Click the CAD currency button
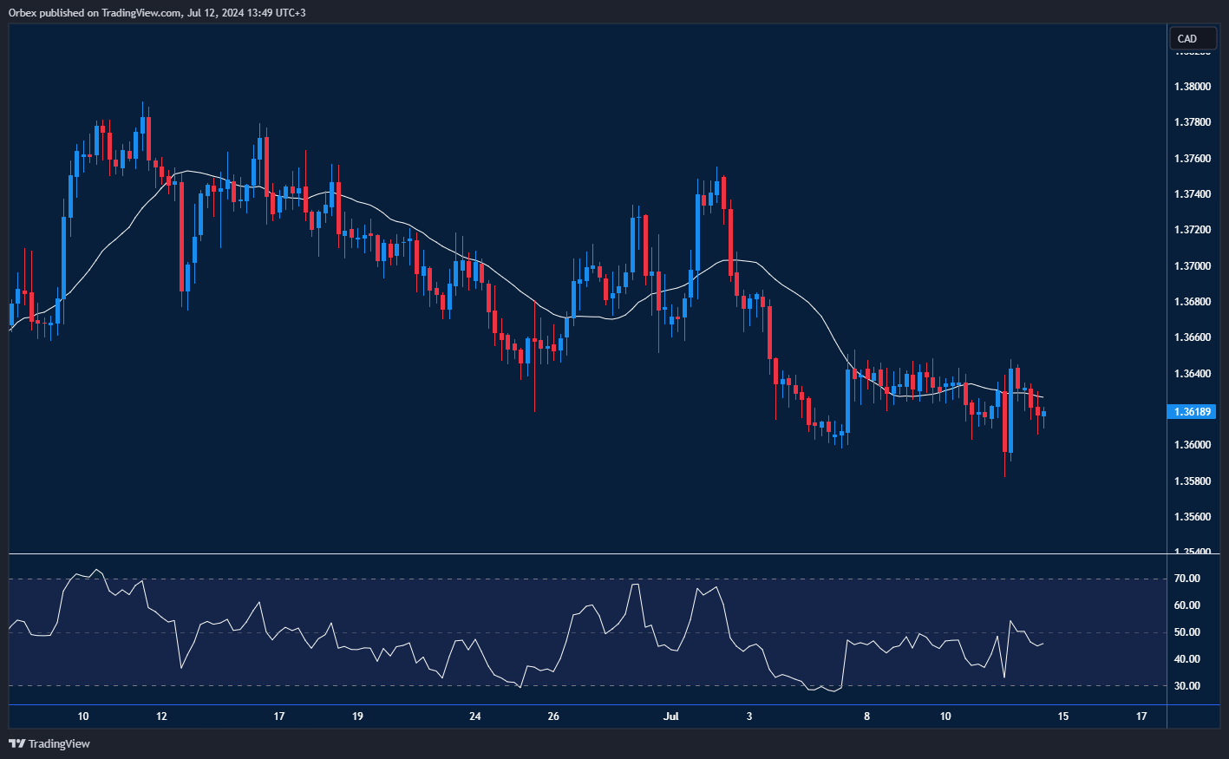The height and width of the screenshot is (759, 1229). pos(1187,38)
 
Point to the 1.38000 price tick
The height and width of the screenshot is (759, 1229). pos(1192,87)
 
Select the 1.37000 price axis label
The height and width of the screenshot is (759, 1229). pos(1192,266)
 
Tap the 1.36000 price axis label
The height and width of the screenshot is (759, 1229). pos(1192,445)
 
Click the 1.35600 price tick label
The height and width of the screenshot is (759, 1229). pos(1192,517)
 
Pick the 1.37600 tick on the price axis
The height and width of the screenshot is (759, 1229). pos(1192,159)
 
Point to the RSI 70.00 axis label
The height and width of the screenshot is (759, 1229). pos(1187,579)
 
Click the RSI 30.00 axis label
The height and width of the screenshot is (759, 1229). pos(1187,686)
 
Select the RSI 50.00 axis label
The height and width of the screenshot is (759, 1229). pos(1187,632)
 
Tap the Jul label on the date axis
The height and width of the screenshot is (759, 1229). pos(670,716)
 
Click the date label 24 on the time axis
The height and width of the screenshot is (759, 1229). pos(475,716)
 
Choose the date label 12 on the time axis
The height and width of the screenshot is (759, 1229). pos(161,716)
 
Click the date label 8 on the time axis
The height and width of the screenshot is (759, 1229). pos(867,716)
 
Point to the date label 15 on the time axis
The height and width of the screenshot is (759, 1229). pos(1063,716)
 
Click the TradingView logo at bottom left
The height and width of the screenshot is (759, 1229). pos(49,743)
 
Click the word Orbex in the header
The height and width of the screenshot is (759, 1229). pos(24,13)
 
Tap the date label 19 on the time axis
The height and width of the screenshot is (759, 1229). pos(357,716)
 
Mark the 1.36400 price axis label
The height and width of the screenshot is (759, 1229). pos(1192,374)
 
